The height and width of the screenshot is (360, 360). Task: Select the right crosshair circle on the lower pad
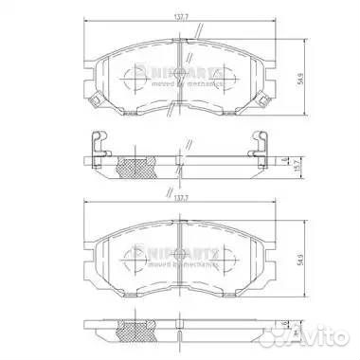(233, 255)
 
